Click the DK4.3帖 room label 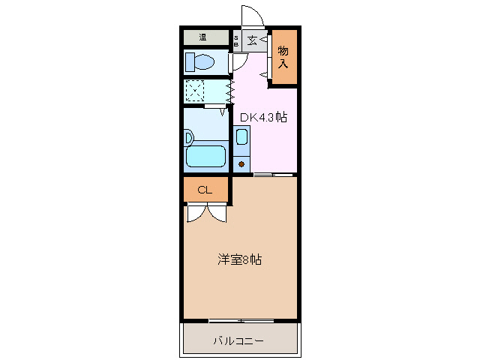point(263,117)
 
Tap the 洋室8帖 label point(240,260)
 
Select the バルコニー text point(238,341)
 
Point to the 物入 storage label point(283,57)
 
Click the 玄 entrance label point(253,40)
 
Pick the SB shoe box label point(235,40)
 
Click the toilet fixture point(201,61)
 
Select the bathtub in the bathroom point(205,157)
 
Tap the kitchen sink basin point(241,137)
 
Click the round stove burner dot point(241,162)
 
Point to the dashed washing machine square point(195,91)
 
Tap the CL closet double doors point(205,213)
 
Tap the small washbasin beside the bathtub point(189,137)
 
